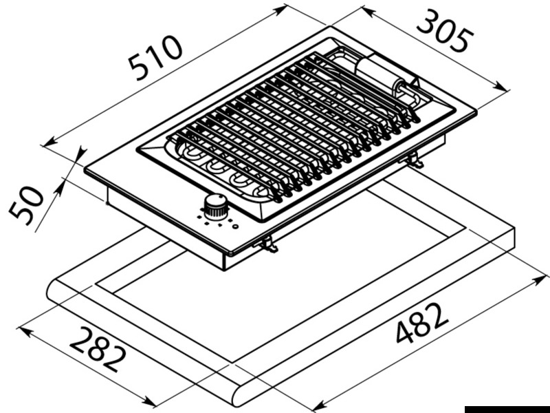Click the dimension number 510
pos(156,57)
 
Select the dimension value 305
pos(445,31)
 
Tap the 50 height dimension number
pos(26,205)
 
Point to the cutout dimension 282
pos(98,349)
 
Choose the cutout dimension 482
pos(422,323)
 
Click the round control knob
pos(216,205)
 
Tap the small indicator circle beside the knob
pos(235,226)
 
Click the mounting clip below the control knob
pos(267,244)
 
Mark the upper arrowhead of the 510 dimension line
pos(280,10)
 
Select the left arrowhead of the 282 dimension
pos(26,331)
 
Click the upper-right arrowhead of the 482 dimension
pos(540,280)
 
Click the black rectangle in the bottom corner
pos(507,409)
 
